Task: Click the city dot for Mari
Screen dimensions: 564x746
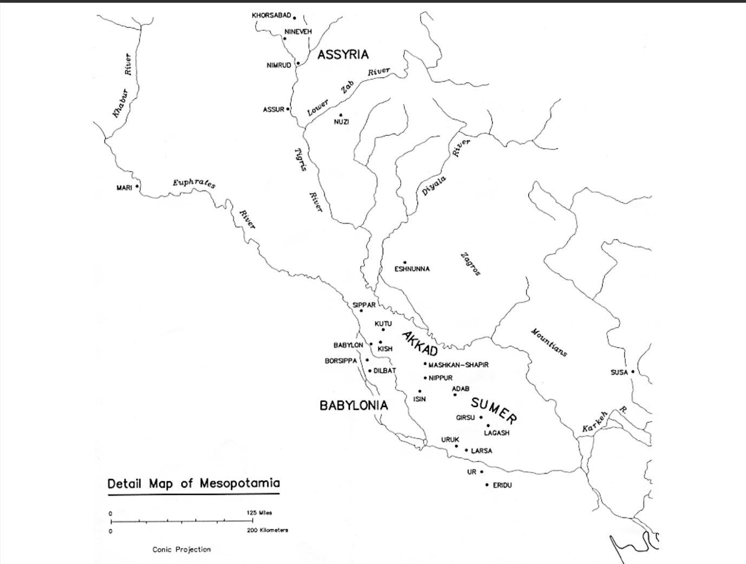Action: coord(137,187)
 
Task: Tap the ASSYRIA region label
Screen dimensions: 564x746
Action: coord(343,55)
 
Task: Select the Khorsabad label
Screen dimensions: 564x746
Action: coord(271,15)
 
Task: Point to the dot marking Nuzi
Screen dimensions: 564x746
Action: coord(341,115)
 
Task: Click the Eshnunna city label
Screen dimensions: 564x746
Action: coord(412,269)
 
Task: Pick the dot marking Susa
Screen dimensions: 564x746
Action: coord(632,372)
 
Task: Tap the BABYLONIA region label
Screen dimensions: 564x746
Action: coord(354,405)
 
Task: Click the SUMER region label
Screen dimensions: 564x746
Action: coord(494,410)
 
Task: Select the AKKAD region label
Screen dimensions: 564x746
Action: coord(420,344)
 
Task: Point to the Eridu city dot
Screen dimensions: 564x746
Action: coord(487,485)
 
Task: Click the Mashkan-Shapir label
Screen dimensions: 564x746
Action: coord(458,365)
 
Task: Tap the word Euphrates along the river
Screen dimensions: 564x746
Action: coord(194,183)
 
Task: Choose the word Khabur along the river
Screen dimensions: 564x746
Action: coord(120,103)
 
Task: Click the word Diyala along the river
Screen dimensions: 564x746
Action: coord(434,186)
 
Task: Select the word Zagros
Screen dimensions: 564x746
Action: coord(470,264)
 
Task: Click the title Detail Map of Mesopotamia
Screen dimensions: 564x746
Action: coord(194,483)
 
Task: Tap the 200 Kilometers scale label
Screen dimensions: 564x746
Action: coord(267,530)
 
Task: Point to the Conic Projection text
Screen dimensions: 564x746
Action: coord(181,549)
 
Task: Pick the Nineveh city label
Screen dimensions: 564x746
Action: coord(298,32)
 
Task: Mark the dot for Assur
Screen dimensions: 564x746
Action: coord(288,109)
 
